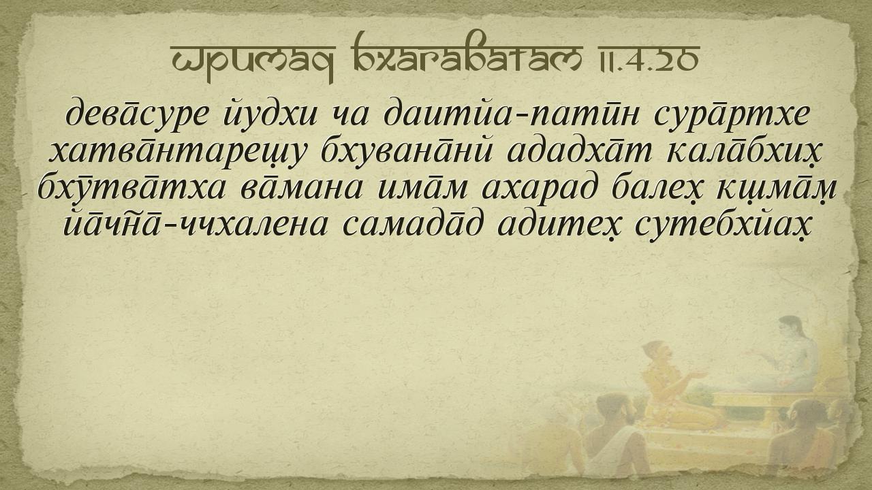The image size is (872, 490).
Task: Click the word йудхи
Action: point(270,114)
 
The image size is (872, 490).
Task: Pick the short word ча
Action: point(349,116)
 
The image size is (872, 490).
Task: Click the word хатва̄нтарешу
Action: point(176,152)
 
